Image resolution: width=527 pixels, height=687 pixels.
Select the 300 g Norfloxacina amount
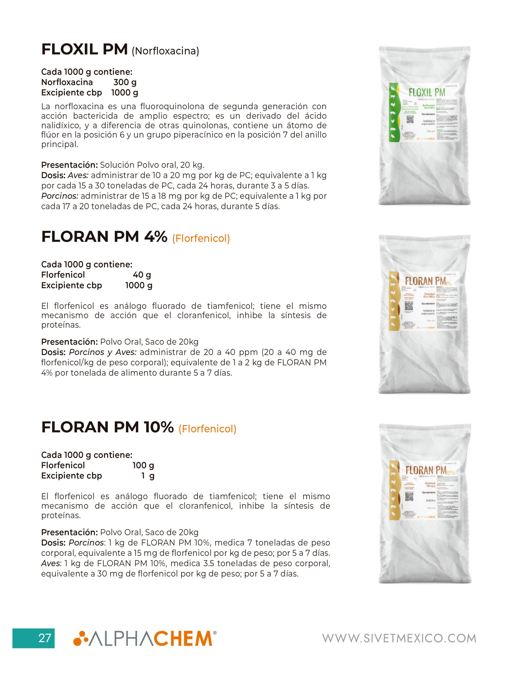pos(125,82)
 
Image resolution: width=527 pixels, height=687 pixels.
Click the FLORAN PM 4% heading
pos(104,237)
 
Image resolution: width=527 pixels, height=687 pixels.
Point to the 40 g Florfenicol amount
pos(142,275)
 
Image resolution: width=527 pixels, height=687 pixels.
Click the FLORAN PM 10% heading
pos(107,427)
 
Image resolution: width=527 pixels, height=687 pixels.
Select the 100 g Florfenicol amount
pos(143,465)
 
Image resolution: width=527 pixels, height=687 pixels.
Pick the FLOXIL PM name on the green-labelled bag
pos(427,93)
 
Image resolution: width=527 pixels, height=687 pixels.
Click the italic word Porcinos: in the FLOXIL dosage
pos(60,196)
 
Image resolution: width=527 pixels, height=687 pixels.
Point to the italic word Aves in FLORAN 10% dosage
pos(50,563)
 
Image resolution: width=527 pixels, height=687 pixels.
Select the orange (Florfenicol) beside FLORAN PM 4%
pos(201,239)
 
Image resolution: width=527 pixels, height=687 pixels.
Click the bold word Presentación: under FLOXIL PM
pos(69,165)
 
